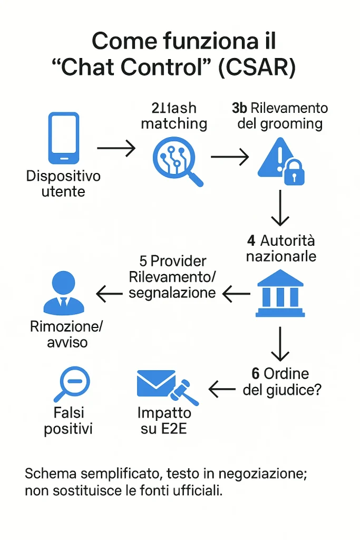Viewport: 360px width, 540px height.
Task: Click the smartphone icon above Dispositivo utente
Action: [64, 138]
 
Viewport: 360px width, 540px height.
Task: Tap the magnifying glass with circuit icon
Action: [176, 157]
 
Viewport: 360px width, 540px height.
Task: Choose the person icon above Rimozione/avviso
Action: [63, 293]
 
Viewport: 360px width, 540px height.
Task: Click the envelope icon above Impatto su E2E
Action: [156, 383]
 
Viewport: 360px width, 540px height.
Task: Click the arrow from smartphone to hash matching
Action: [116, 148]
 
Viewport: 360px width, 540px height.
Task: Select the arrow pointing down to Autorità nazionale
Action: [280, 208]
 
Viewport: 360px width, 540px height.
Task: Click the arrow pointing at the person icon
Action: [109, 294]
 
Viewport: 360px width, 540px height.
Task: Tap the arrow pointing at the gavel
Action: [222, 389]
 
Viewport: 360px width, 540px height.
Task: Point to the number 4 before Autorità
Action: [251, 240]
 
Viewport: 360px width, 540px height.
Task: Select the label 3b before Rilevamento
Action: [239, 108]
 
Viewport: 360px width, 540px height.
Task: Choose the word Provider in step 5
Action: [180, 261]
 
